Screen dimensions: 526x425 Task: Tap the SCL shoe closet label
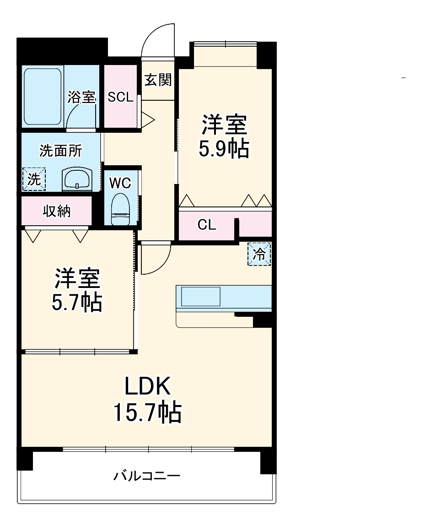tap(120, 97)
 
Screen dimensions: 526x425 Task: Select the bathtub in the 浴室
tap(43, 97)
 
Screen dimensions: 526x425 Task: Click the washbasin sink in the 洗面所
tap(77, 179)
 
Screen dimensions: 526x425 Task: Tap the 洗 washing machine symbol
tap(34, 179)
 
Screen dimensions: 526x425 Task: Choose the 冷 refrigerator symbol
tap(259, 254)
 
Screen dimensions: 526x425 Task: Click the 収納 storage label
tap(57, 211)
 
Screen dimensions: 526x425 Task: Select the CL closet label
tap(207, 225)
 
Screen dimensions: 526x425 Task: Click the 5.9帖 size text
tap(224, 149)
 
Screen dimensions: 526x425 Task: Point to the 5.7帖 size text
tap(76, 302)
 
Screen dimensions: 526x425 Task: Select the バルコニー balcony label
tap(147, 476)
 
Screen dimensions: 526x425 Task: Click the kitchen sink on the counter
tap(201, 296)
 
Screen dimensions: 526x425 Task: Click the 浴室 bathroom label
tap(81, 97)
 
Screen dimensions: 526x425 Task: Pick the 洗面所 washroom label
tap(60, 151)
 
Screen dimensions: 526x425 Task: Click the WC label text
tap(120, 183)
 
